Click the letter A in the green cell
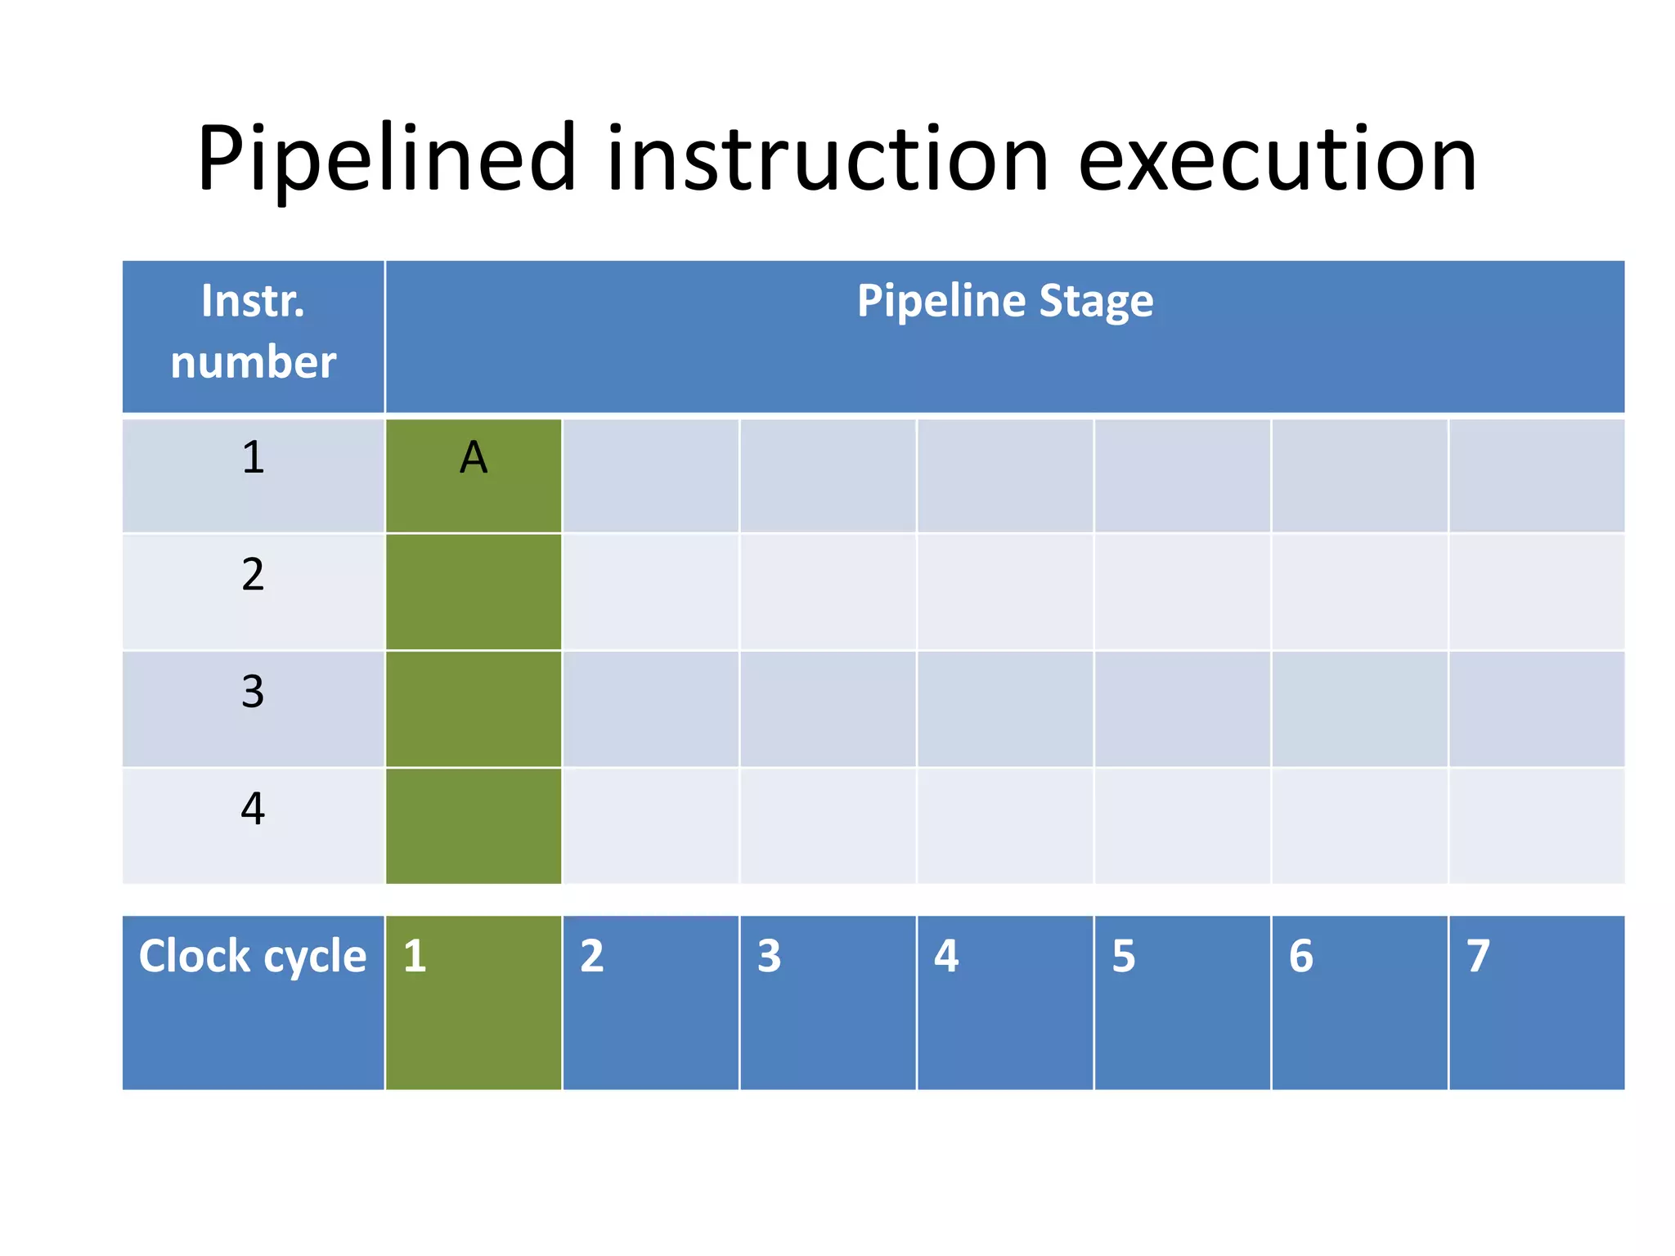(473, 458)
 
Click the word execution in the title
(1277, 159)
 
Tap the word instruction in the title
(827, 159)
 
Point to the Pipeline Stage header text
(1004, 301)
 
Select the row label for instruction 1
(253, 458)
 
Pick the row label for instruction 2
(253, 575)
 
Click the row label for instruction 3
(253, 692)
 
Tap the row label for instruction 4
(253, 809)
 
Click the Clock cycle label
(253, 956)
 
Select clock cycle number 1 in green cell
(415, 956)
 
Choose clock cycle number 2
(592, 956)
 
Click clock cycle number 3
(769, 956)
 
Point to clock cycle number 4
(946, 956)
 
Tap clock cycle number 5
(1123, 956)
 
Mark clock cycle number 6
(1300, 956)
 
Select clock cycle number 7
(1478, 956)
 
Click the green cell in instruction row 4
(473, 826)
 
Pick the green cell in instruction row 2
(473, 592)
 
